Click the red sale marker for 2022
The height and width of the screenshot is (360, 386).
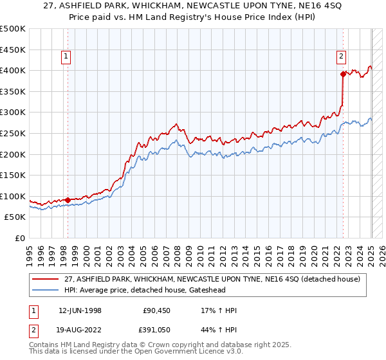[x=343, y=74]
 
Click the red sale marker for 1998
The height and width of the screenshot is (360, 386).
[x=68, y=199]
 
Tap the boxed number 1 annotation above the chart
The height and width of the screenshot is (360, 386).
[x=67, y=57]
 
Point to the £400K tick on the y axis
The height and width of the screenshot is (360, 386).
[x=13, y=70]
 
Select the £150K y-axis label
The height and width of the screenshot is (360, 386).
[x=13, y=175]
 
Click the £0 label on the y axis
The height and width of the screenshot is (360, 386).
[x=19, y=239]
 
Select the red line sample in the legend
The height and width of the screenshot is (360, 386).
[x=45, y=279]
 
